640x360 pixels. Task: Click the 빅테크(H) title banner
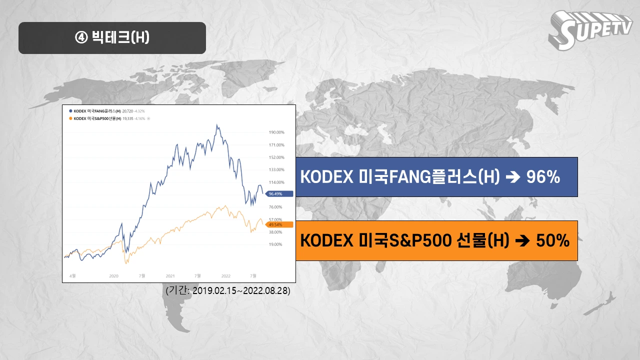(112, 37)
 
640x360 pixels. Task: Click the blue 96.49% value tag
(276, 193)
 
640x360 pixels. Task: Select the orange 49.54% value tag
(276, 224)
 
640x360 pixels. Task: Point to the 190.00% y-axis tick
(276, 132)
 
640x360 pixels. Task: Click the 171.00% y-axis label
(276, 145)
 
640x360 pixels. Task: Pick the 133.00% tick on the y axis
(276, 169)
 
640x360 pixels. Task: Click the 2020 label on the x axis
(113, 275)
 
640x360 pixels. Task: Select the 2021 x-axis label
(170, 275)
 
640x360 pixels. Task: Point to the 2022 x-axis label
(226, 275)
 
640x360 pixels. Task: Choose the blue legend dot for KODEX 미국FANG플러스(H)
(70, 110)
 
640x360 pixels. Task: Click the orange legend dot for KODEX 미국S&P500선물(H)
(70, 118)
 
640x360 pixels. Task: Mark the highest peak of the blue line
(216, 125)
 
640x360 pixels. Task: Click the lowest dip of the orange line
(126, 263)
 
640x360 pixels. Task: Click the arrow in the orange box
(522, 241)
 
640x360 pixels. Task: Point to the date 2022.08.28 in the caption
(268, 290)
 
